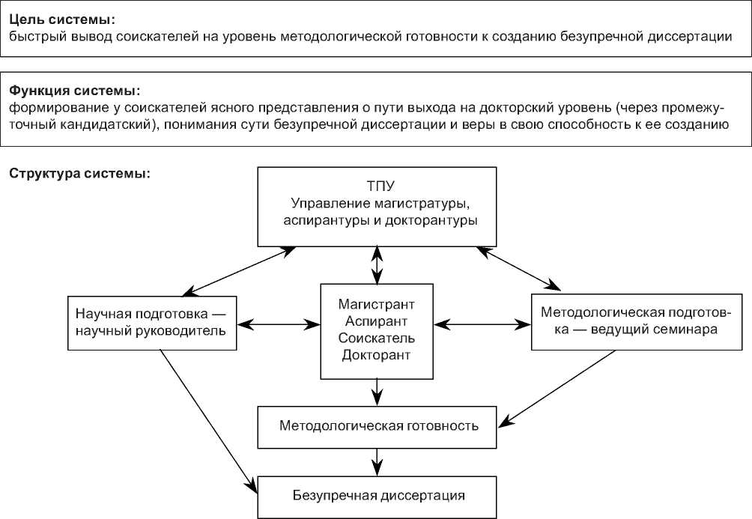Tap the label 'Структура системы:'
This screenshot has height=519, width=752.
tap(80, 174)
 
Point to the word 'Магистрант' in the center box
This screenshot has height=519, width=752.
tap(376, 306)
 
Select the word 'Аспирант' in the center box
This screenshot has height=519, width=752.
tap(376, 322)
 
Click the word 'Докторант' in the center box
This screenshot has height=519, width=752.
tap(376, 354)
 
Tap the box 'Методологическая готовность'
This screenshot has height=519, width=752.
tap(378, 427)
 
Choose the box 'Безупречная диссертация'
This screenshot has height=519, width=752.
tap(378, 495)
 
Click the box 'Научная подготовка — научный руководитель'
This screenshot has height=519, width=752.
tap(152, 323)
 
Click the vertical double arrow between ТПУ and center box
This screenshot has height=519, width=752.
tap(377, 264)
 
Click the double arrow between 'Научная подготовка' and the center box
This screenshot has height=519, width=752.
tap(279, 325)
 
